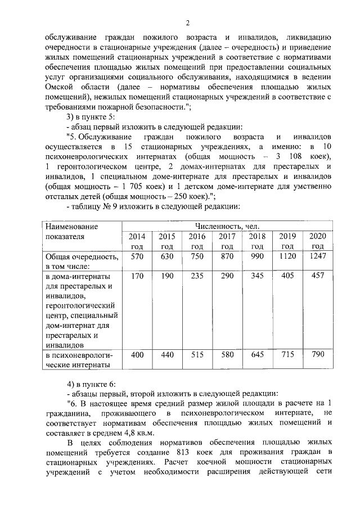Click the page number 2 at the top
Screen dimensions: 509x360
(188, 22)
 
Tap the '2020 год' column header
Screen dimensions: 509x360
(317, 241)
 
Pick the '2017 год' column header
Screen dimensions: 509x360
(227, 241)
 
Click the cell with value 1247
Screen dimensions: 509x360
(317, 256)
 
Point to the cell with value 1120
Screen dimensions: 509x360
(287, 256)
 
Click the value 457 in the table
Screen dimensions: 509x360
(317, 276)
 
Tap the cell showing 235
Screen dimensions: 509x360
(197, 276)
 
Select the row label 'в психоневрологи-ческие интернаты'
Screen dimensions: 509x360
(79, 359)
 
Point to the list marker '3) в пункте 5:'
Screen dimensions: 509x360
(91, 116)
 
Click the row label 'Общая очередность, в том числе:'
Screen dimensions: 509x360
(82, 262)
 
